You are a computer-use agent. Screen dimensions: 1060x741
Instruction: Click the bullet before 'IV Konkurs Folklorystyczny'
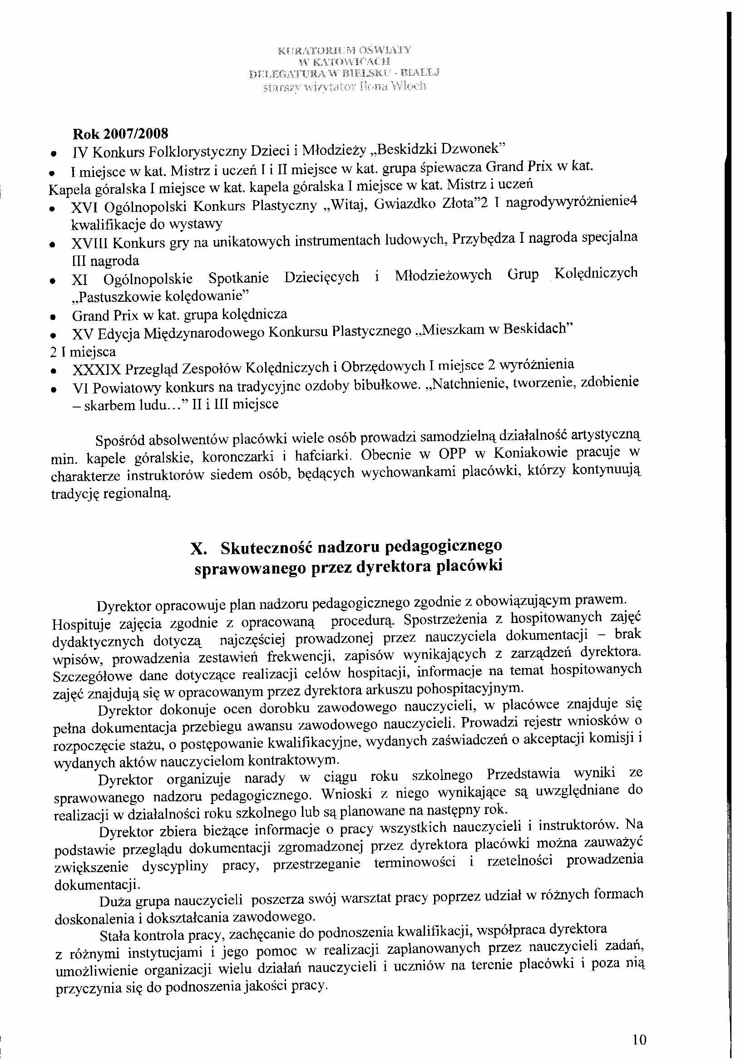(54, 153)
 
